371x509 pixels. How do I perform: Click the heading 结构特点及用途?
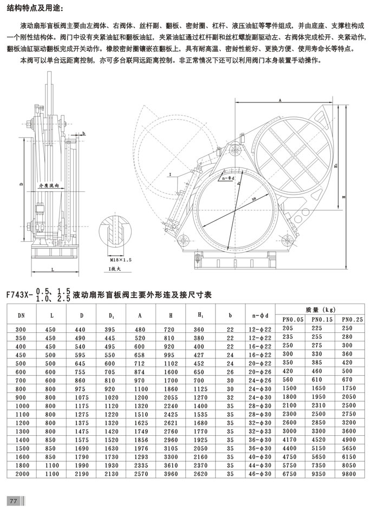click(34, 9)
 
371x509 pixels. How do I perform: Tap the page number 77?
click(14, 501)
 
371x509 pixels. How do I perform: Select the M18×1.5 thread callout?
click(121, 260)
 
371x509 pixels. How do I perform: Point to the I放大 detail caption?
click(114, 269)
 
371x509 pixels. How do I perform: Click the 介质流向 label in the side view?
click(48, 186)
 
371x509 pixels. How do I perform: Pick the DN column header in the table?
click(21, 315)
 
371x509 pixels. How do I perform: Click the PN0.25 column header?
click(352, 319)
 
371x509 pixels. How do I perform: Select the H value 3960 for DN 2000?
click(171, 474)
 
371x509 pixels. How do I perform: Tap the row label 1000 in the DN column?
click(22, 406)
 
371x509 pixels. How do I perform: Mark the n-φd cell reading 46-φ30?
click(260, 474)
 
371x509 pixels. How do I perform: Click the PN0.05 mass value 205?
click(288, 328)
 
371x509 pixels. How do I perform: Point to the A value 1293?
click(141, 457)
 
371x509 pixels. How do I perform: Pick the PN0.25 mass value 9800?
click(349, 474)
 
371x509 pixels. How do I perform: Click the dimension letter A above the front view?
click(279, 101)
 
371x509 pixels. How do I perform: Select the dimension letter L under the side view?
click(53, 269)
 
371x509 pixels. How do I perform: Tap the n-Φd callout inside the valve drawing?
click(226, 178)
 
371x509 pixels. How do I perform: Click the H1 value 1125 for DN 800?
click(200, 389)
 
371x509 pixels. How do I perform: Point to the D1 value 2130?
click(111, 474)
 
